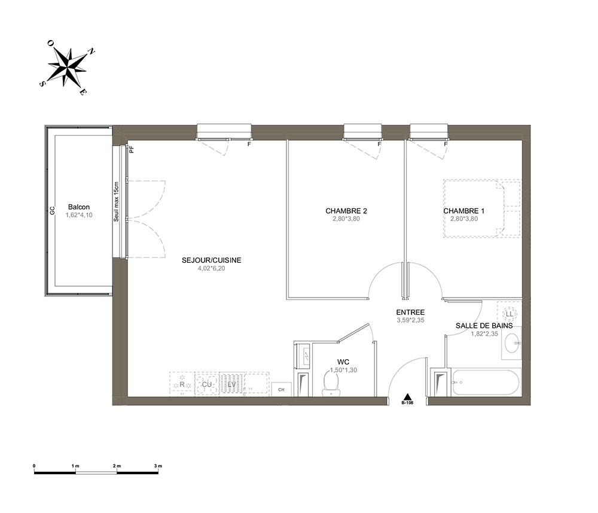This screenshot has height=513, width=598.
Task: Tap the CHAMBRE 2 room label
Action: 346,211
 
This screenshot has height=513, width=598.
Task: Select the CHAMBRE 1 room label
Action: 464,211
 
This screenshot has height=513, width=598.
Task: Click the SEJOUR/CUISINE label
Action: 211,260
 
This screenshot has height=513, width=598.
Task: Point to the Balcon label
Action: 79,207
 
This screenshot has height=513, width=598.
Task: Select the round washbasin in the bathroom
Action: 512,344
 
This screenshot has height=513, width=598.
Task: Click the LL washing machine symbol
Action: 509,314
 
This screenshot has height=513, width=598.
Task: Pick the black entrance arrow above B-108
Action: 407,396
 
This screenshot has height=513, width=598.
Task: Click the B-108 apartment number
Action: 407,403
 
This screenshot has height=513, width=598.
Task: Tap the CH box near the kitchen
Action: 282,390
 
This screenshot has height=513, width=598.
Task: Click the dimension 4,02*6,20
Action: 211,268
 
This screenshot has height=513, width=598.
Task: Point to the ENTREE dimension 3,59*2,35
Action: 410,321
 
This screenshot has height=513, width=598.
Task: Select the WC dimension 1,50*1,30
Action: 343,370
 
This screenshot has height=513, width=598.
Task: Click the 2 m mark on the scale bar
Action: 117,466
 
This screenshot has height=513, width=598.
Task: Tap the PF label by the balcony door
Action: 132,149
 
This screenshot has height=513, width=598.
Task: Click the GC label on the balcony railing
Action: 52,210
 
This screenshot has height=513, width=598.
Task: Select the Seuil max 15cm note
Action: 117,201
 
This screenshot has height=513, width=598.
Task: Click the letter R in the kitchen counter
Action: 182,384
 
